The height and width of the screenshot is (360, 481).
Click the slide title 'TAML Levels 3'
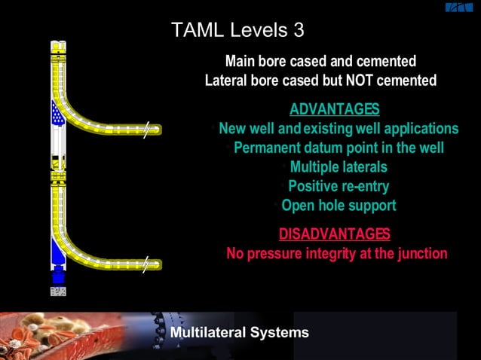[237, 30]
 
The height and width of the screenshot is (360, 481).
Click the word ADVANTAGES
[334, 109]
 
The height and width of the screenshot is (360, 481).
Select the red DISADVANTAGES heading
[335, 233]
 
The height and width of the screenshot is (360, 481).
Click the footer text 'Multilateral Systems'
[239, 332]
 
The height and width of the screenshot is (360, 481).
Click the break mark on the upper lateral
[149, 129]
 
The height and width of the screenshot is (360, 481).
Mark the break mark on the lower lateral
[149, 264]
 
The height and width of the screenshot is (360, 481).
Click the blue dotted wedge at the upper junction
[56, 113]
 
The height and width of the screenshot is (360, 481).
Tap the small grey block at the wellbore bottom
[57, 291]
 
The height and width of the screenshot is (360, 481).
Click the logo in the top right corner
[458, 8]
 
